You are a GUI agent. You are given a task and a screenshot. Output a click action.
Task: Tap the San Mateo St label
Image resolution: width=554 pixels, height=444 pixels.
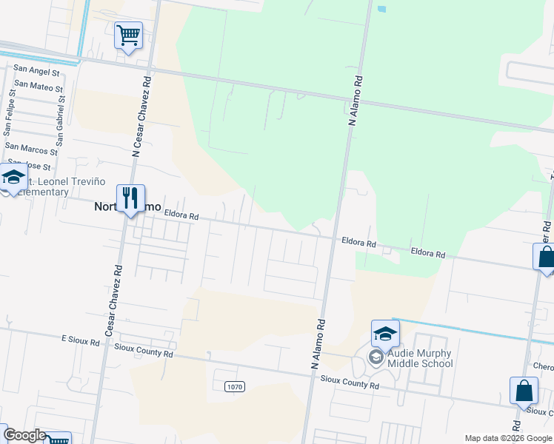[38, 88]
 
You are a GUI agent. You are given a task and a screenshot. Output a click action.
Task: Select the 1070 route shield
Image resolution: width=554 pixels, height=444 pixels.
[234, 386]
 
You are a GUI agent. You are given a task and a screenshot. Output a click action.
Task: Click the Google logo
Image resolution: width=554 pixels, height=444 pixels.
[24, 435]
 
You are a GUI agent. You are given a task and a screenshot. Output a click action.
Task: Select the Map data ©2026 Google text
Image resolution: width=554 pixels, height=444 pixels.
[508, 438]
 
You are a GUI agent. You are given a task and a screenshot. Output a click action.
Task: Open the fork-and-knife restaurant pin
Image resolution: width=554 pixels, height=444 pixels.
[130, 198]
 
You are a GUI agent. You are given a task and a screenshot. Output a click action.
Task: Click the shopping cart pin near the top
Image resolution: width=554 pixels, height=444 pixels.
[129, 35]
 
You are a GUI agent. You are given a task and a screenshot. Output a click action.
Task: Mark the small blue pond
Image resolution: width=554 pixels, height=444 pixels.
[381, 10]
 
